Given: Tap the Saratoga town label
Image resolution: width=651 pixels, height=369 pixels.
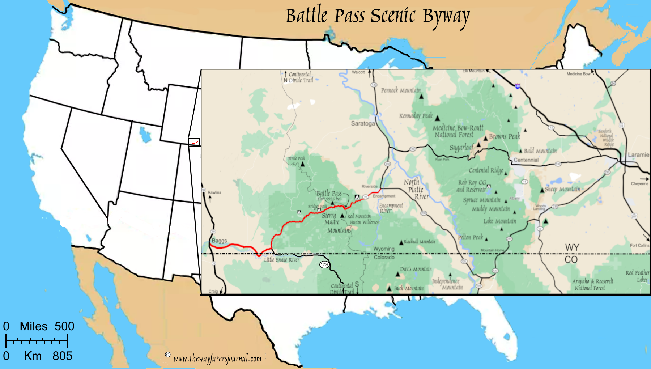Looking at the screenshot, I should click(x=363, y=124).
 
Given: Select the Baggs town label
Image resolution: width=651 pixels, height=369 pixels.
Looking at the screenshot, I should click(x=219, y=241).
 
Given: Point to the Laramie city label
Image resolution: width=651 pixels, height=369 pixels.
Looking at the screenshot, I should click(x=638, y=155).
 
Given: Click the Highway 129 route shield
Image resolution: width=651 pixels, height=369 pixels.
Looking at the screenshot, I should click(x=324, y=264).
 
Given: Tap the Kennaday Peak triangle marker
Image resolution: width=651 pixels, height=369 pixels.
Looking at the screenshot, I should click(x=437, y=118).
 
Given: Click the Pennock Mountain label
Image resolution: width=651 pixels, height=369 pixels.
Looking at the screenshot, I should click(x=401, y=90).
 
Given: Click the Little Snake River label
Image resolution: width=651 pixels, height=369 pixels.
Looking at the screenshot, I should click(x=281, y=260).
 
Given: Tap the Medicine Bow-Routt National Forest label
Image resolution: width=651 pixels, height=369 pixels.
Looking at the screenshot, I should click(x=458, y=131).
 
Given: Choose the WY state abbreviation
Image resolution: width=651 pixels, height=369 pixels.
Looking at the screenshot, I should click(x=572, y=248).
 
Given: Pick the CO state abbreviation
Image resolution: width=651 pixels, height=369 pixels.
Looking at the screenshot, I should click(x=571, y=260).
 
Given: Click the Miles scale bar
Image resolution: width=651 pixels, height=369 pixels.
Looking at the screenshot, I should click(x=37, y=341).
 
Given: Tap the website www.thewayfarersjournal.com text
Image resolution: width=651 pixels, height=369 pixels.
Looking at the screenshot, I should click(x=217, y=359).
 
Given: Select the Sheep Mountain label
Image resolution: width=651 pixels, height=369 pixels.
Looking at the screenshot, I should click(x=562, y=189).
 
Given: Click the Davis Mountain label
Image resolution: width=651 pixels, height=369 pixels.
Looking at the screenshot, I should click(x=416, y=269).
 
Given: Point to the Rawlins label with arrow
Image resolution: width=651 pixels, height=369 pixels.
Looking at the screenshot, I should click(x=214, y=192).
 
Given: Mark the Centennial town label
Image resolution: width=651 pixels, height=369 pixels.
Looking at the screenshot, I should click(x=526, y=160).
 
